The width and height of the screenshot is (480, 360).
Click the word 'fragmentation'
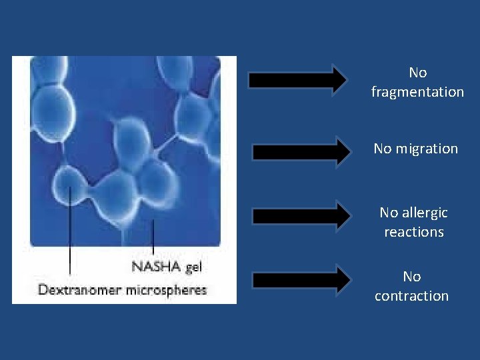pos(417,92)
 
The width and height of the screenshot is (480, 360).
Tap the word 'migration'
pos(425,149)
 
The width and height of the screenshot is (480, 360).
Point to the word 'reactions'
pos(413,232)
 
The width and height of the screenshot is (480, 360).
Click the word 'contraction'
pos(411,296)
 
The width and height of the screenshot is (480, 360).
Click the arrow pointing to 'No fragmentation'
pos(297,80)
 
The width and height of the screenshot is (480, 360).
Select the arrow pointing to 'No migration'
pos(301,151)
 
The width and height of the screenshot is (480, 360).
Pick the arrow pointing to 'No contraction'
pos(301,280)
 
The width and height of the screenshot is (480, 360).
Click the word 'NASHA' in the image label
pos(156,267)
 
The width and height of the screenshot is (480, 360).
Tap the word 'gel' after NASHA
pos(193,267)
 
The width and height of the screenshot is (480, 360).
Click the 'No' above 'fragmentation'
pos(417,73)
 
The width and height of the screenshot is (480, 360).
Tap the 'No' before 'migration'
pos(383,149)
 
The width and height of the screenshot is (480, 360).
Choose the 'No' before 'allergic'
pos(388,213)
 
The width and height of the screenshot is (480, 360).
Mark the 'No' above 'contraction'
pos(411,277)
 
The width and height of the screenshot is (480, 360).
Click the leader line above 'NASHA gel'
pos(153,237)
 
